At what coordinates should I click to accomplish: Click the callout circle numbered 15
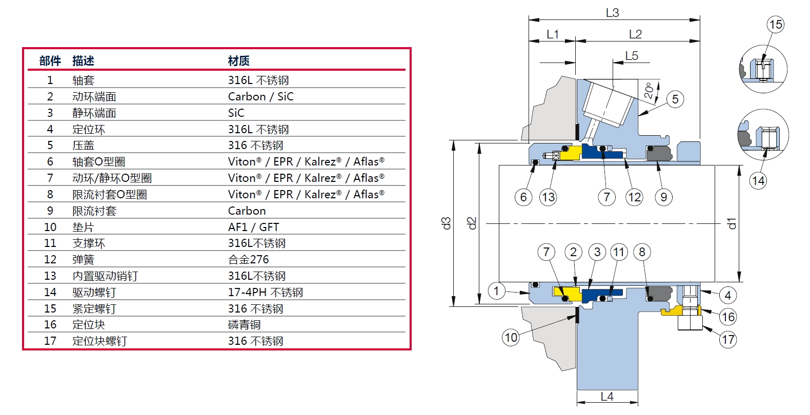click(x=776, y=24)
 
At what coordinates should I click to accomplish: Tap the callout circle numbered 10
click(x=511, y=337)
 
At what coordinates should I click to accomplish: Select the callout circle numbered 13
click(x=548, y=197)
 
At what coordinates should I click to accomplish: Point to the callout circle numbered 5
click(x=675, y=99)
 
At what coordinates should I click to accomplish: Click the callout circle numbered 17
click(x=728, y=339)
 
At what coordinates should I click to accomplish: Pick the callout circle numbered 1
click(x=496, y=291)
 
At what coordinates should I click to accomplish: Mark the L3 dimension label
click(x=613, y=13)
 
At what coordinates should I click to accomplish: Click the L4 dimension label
click(x=607, y=397)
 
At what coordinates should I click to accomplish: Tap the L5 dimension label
click(x=632, y=56)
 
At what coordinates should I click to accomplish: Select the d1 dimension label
click(x=732, y=223)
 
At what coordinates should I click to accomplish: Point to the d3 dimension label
click(x=447, y=223)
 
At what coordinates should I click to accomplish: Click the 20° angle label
click(x=649, y=91)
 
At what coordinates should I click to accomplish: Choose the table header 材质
click(x=239, y=61)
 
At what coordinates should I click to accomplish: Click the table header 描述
click(x=83, y=61)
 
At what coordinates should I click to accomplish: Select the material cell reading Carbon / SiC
click(x=260, y=96)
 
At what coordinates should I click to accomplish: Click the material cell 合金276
click(x=248, y=259)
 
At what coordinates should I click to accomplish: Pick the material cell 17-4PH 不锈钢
click(x=265, y=292)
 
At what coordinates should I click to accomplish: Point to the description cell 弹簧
click(x=83, y=259)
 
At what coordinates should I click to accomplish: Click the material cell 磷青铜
click(x=244, y=325)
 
